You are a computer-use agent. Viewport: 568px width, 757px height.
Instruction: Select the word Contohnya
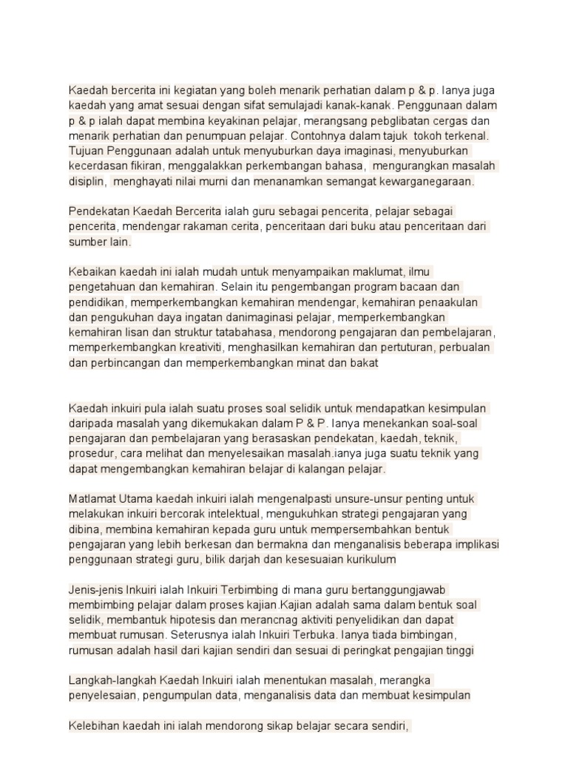317,136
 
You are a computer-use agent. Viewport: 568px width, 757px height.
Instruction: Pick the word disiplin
87,181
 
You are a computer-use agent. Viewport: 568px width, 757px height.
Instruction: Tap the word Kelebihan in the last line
92,726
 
